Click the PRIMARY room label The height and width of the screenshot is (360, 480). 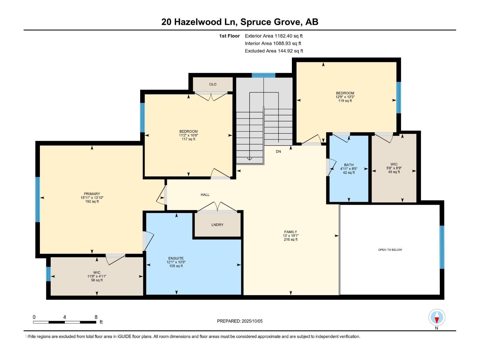point(92,194)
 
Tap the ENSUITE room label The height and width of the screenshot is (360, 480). point(176,258)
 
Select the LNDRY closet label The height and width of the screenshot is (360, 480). point(217,225)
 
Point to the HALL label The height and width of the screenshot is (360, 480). point(205,195)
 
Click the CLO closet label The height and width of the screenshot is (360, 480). point(213,84)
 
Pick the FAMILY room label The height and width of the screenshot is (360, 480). point(290,232)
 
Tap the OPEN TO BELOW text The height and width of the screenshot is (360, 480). point(390,250)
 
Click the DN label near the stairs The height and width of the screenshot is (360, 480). point(278,151)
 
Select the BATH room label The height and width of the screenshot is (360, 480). point(349,165)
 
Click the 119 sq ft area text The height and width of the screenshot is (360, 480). point(345,101)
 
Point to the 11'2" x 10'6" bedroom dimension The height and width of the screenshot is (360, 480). point(188,135)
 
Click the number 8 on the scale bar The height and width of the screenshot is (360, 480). point(96,317)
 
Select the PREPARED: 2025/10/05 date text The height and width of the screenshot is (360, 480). point(240,321)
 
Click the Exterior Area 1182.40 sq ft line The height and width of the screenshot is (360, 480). point(274,36)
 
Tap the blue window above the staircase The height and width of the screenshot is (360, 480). point(263,75)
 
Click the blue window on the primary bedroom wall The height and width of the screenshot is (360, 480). point(37,199)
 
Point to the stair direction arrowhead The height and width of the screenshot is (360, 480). point(250,159)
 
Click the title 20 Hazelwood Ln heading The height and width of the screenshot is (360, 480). point(240,22)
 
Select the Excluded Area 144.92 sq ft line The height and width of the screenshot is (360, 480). point(274,51)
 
